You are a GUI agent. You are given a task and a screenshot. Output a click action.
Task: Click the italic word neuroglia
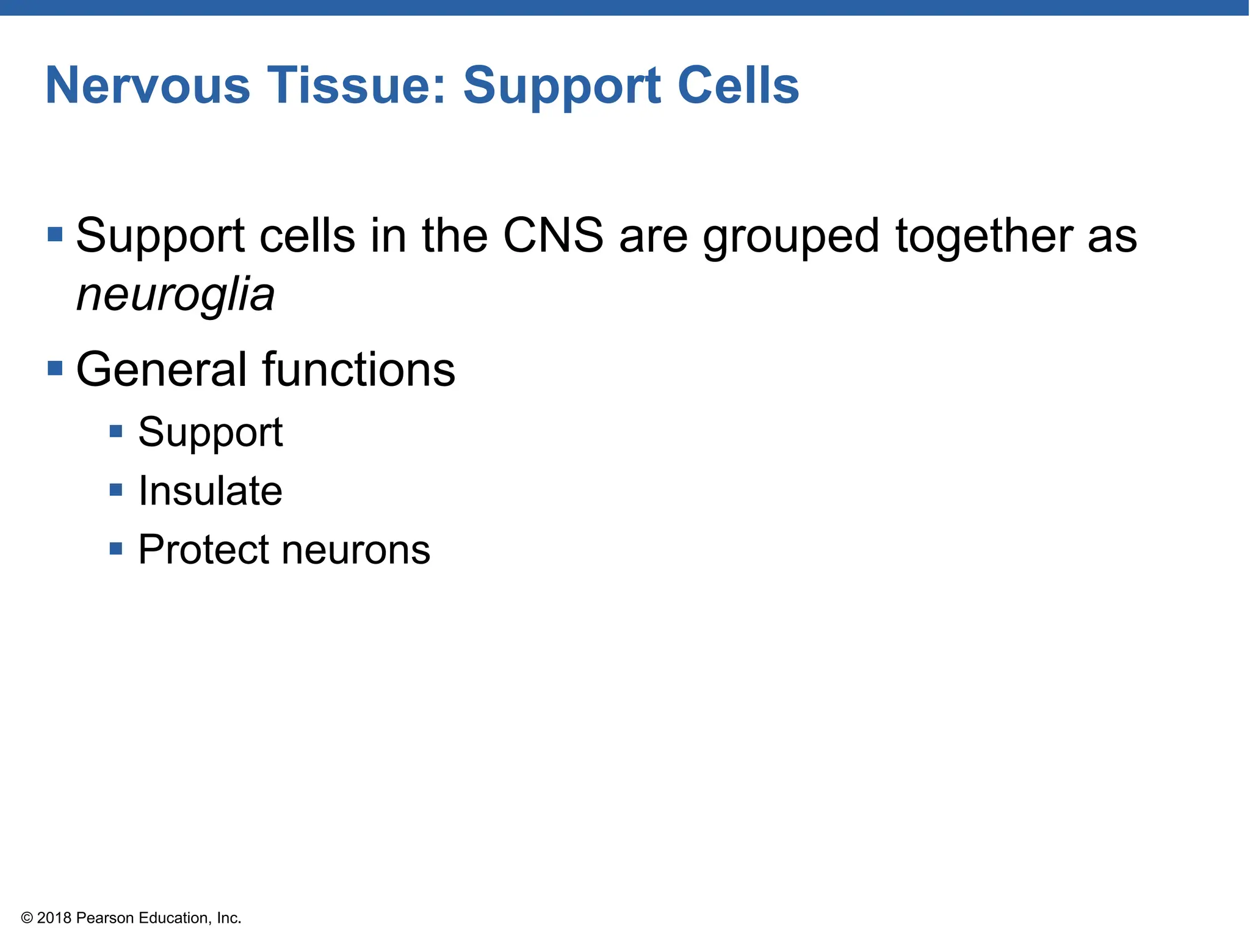[x=175, y=296]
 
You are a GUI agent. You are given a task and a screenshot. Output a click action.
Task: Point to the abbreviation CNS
[x=553, y=236]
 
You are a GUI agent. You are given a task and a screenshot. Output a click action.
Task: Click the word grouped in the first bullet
[x=791, y=237]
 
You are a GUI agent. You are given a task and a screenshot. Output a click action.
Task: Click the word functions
[x=359, y=369]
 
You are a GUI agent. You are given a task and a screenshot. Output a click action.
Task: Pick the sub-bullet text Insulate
[x=210, y=491]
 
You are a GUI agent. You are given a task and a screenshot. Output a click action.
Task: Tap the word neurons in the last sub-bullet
[x=356, y=550]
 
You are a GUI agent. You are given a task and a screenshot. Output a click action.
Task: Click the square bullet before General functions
[x=55, y=368]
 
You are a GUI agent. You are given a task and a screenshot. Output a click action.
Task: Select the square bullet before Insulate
[x=116, y=490]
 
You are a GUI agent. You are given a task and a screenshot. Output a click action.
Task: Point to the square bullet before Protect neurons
[x=116, y=548]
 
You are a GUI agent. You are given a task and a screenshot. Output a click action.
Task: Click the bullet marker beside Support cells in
[x=55, y=234]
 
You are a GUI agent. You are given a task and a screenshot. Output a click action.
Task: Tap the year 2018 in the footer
[x=54, y=918]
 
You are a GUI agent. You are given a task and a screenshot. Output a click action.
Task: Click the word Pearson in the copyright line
[x=105, y=918]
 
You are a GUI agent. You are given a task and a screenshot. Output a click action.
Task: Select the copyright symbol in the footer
[x=27, y=918]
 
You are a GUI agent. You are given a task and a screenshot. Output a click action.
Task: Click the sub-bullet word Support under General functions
[x=210, y=432]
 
